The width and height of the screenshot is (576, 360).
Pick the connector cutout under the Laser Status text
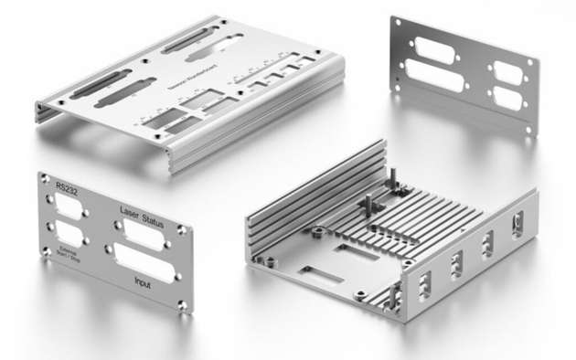point(137,232)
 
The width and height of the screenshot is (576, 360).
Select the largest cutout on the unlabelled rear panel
point(435,76)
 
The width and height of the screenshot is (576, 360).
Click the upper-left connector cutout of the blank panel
point(435,50)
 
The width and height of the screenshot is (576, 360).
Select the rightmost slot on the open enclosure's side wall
point(517,224)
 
